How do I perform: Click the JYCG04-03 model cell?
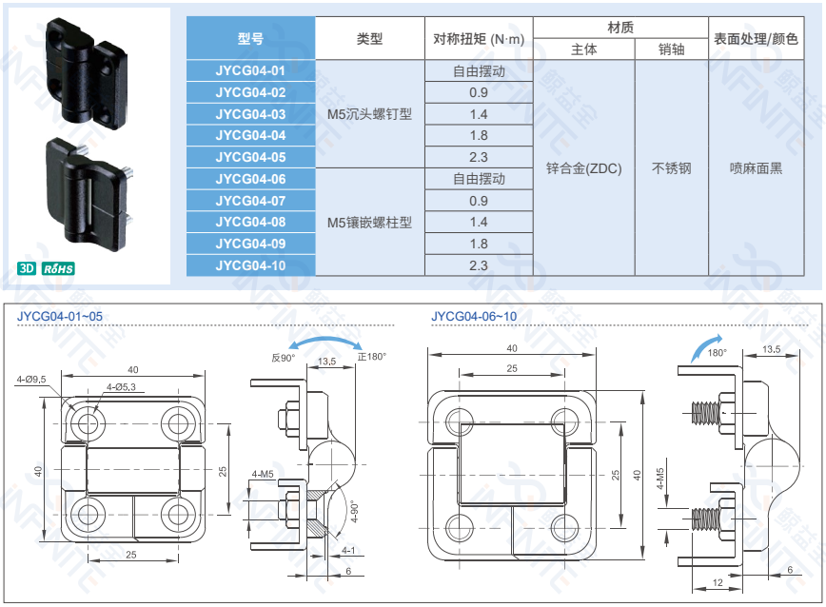(250, 114)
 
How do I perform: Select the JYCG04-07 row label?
(250, 201)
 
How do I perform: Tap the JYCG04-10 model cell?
(250, 265)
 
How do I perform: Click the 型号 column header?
(250, 39)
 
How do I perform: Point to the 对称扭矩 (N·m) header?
(479, 39)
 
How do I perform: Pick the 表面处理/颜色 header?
(762, 39)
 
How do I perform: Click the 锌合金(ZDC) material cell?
(583, 168)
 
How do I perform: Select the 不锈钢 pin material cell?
(671, 168)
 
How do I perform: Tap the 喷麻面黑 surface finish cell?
(762, 168)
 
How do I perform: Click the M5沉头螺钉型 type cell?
(369, 114)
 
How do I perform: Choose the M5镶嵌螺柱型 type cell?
(369, 223)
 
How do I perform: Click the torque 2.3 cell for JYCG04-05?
(479, 157)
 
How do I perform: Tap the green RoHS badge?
(58, 268)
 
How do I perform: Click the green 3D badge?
(27, 268)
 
